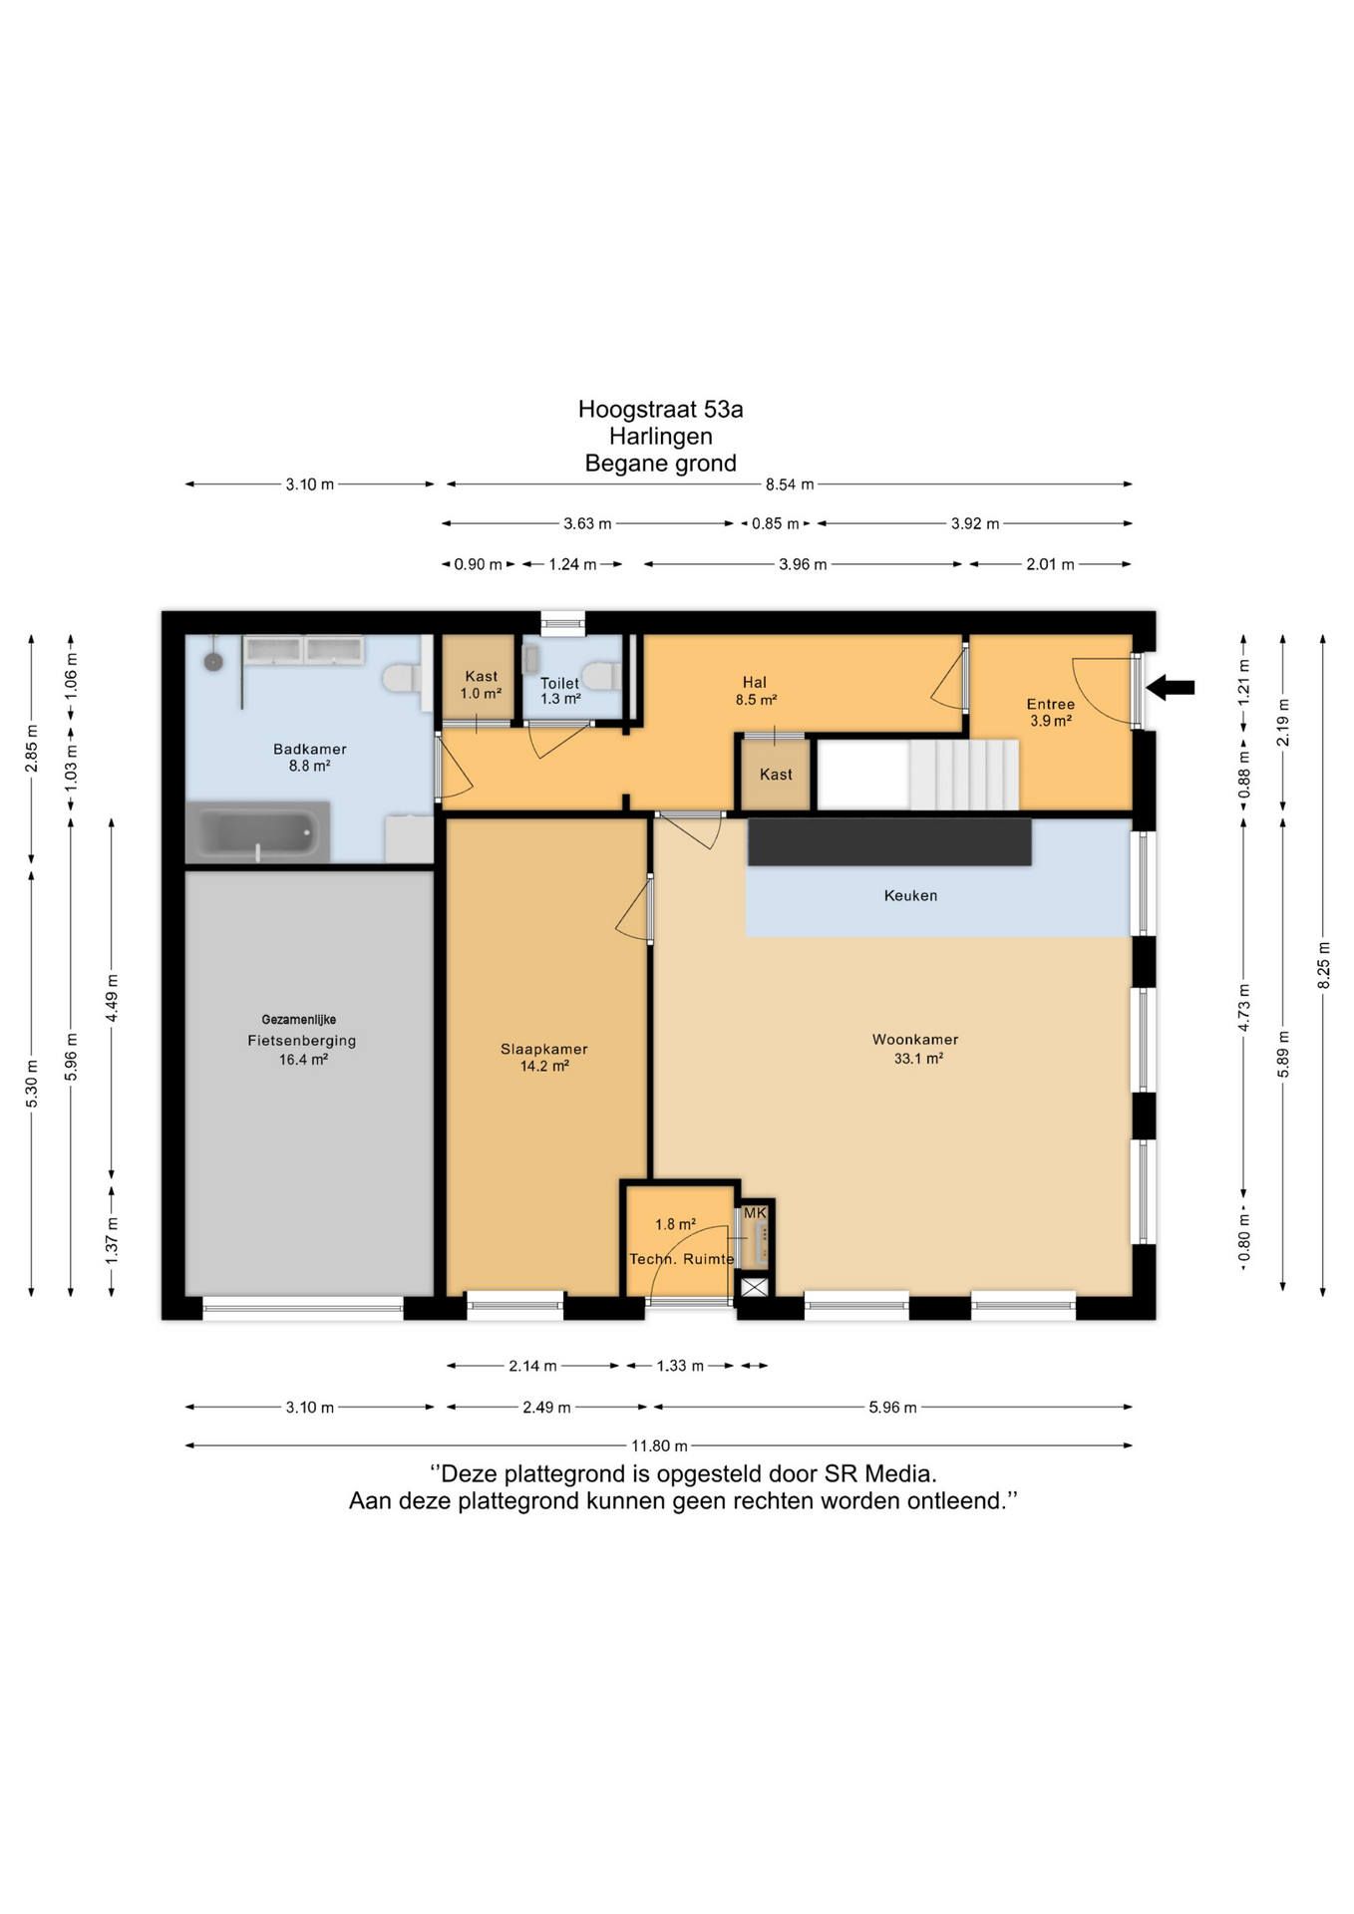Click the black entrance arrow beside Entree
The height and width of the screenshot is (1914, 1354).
coord(1171,687)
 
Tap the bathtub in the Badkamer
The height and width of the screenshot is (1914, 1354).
coord(258,830)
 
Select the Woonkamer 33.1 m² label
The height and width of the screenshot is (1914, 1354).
coord(915,1049)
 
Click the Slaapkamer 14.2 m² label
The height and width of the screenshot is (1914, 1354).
coord(544,1058)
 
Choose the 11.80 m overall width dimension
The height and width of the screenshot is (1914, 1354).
coord(659,1445)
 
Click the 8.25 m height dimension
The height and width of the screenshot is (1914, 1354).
coord(1323,965)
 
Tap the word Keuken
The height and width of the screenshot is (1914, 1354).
coord(910,895)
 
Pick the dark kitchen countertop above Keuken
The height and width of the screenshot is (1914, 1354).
coord(889,842)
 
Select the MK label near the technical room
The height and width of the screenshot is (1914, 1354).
coord(755,1212)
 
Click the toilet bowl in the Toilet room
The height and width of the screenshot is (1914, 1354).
coord(600,676)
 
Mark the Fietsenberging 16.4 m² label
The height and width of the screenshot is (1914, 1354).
coord(302,1050)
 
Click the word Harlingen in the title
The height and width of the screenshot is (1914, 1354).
coord(661,436)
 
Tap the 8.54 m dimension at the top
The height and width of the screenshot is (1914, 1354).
coord(790,484)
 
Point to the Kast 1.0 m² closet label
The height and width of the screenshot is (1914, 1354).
coord(481,685)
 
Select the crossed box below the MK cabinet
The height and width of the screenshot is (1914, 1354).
coord(755,1287)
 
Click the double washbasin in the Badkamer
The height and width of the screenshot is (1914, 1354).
coord(304,651)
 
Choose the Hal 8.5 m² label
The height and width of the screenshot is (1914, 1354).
coord(756,691)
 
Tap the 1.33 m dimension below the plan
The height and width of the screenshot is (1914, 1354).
coord(680,1366)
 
